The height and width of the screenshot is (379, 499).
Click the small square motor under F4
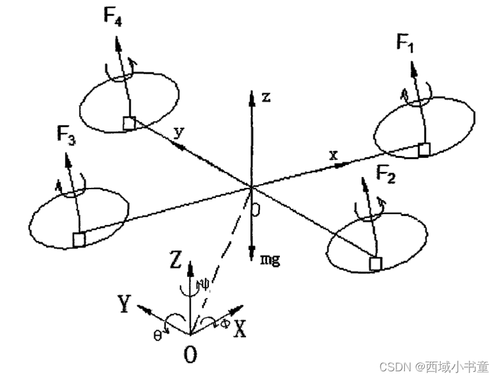(129, 124)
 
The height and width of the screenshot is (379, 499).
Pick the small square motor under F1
(423, 149)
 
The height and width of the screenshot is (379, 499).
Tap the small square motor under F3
(79, 239)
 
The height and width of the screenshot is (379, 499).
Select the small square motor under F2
(376, 263)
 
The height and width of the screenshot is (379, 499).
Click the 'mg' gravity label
(270, 261)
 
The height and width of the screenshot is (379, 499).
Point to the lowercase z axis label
(266, 97)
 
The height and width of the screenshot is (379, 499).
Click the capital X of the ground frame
(240, 329)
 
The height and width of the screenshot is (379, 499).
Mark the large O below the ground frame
(190, 355)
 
